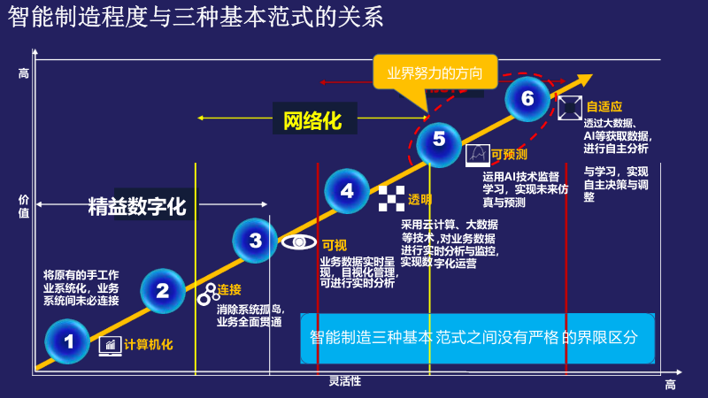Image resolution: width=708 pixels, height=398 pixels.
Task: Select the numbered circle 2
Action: click(163, 290)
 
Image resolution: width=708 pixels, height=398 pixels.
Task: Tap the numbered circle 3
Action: click(256, 240)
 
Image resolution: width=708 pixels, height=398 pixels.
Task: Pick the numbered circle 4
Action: click(347, 191)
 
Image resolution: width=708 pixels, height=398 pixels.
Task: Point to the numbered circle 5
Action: click(439, 140)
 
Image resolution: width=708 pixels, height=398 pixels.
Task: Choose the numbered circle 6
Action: click(527, 97)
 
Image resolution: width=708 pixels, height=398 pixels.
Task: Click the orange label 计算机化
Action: click(149, 344)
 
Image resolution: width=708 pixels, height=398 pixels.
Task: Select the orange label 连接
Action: click(229, 290)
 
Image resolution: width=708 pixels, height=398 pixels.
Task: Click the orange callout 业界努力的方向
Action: click(435, 73)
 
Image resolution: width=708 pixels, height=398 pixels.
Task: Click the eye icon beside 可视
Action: click(299, 241)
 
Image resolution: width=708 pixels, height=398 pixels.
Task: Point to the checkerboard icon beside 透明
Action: click(390, 198)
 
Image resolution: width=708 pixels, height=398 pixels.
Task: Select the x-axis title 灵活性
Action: click(345, 381)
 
